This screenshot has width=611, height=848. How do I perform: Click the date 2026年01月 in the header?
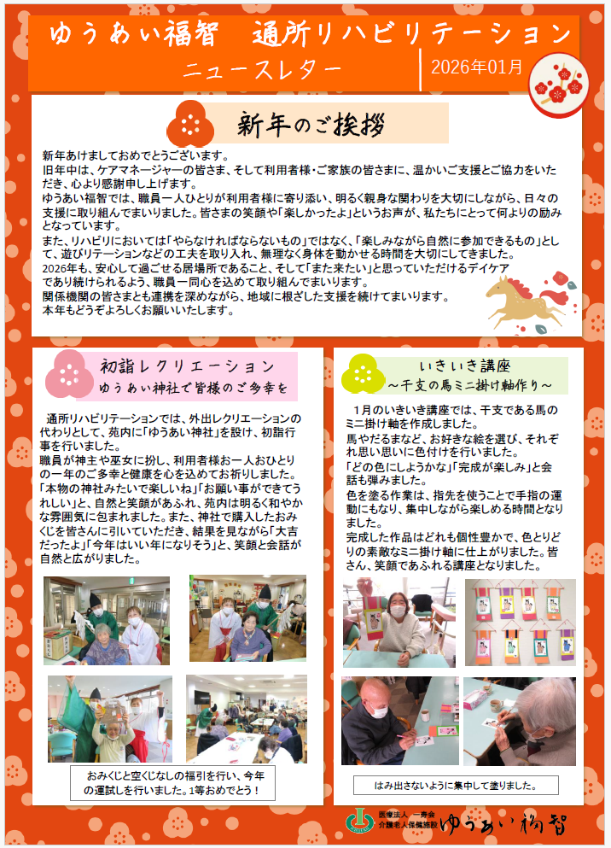476,67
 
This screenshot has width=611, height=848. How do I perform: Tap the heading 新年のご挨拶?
311,125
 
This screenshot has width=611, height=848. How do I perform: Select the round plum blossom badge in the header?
558,85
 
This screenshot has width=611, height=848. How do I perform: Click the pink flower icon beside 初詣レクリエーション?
69,374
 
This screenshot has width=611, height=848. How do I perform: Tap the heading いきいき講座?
464,366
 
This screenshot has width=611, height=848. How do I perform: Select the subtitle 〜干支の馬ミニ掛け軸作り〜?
470,385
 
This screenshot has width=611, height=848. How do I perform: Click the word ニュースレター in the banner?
263,70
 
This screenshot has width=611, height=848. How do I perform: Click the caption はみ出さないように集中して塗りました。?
456,786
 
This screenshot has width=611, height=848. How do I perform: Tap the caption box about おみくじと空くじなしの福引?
173,782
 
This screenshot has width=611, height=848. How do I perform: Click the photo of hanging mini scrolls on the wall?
521,622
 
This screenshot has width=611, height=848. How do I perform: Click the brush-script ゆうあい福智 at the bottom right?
503,824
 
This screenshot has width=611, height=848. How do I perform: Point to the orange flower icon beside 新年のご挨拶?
190,124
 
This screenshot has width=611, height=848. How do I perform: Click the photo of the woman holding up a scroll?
399,622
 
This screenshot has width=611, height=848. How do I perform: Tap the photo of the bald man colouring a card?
399,721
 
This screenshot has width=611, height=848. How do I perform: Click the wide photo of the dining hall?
247,719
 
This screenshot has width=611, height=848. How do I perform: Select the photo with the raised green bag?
110,719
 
